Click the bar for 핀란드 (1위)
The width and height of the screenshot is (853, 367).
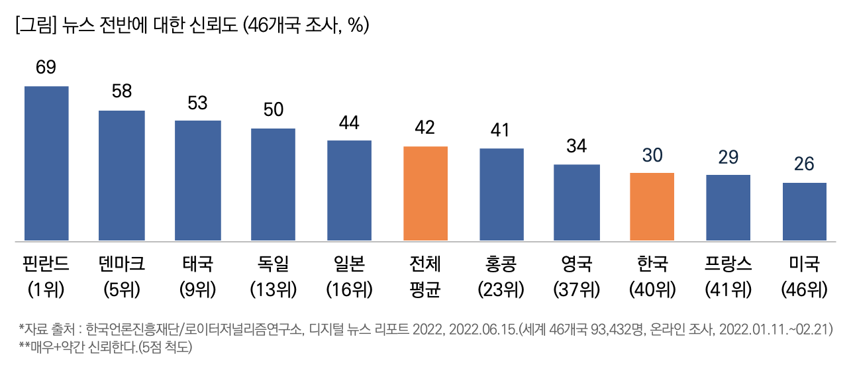coord(46,163)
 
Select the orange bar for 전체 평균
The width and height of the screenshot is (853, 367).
coord(425,193)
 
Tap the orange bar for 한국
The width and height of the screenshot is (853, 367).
coord(652,206)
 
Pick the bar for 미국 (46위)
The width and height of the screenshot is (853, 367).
coord(804,211)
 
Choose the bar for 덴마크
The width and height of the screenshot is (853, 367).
coord(122,175)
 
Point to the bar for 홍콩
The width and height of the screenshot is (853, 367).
coord(501,194)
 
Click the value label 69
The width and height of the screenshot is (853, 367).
coord(46,68)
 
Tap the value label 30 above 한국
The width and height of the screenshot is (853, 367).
coord(652,155)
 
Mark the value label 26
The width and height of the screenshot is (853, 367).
coord(804,165)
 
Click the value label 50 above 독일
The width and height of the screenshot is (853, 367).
coord(274,110)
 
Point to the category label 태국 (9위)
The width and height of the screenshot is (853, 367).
coord(197,276)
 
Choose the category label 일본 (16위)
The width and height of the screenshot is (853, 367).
coord(349,276)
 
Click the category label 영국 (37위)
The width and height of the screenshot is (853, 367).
coord(577,276)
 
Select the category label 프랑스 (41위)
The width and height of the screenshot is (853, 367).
coord(728,276)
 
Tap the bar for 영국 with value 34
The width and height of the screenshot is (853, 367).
coord(577,202)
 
